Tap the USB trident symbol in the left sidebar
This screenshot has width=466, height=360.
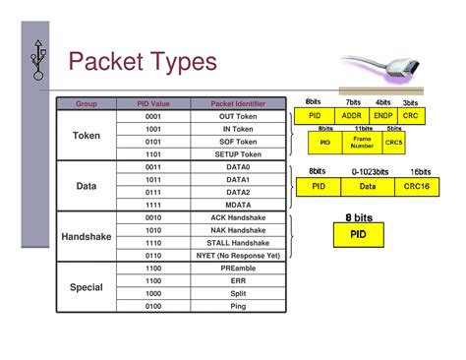(38, 58)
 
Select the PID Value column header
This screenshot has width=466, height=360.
(152, 103)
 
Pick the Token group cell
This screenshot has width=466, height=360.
(87, 135)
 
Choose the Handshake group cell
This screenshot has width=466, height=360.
(87, 237)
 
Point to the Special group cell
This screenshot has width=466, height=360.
(87, 287)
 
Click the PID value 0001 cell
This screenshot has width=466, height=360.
(152, 116)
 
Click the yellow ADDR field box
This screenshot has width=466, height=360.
(351, 116)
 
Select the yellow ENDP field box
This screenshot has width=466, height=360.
(383, 116)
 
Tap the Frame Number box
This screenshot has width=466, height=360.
(362, 143)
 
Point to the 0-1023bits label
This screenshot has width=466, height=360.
(370, 171)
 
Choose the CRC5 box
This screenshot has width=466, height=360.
(393, 143)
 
